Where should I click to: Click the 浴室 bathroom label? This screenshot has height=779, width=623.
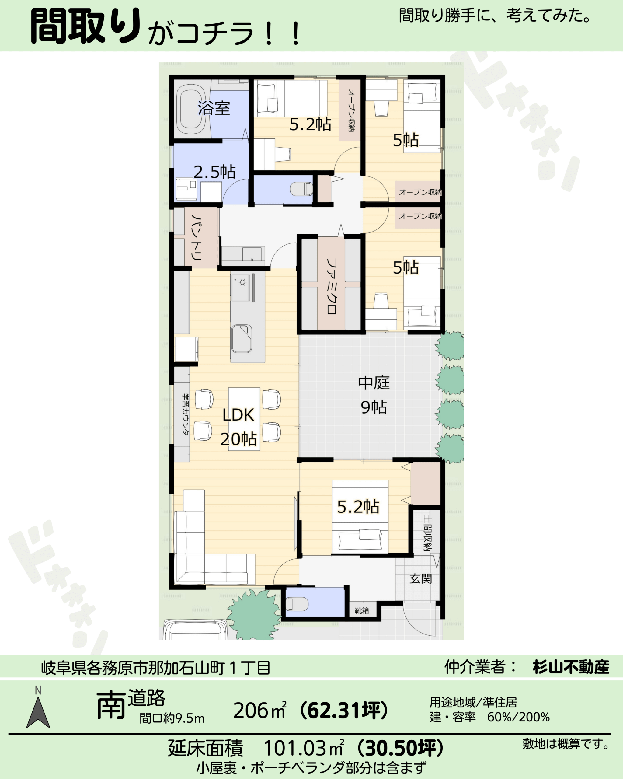click(214, 108)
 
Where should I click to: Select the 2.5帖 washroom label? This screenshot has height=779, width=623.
click(214, 172)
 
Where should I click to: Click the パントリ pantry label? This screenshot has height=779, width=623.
click(197, 238)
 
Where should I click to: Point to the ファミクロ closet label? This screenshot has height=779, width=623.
click(332, 286)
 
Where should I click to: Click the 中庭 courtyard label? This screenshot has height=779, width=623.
click(374, 383)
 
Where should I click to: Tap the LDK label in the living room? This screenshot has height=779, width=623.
click(238, 415)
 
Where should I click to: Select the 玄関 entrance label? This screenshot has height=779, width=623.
click(421, 578)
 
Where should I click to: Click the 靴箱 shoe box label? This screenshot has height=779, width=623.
click(361, 610)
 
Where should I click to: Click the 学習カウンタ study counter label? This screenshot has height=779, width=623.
click(185, 414)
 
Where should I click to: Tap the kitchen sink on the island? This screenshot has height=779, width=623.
click(242, 339)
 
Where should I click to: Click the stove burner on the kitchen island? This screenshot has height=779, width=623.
click(242, 282)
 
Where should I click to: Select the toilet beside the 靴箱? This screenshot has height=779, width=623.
click(297, 603)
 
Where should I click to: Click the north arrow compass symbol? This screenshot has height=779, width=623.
click(38, 711)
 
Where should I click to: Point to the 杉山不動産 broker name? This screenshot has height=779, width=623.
click(571, 667)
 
